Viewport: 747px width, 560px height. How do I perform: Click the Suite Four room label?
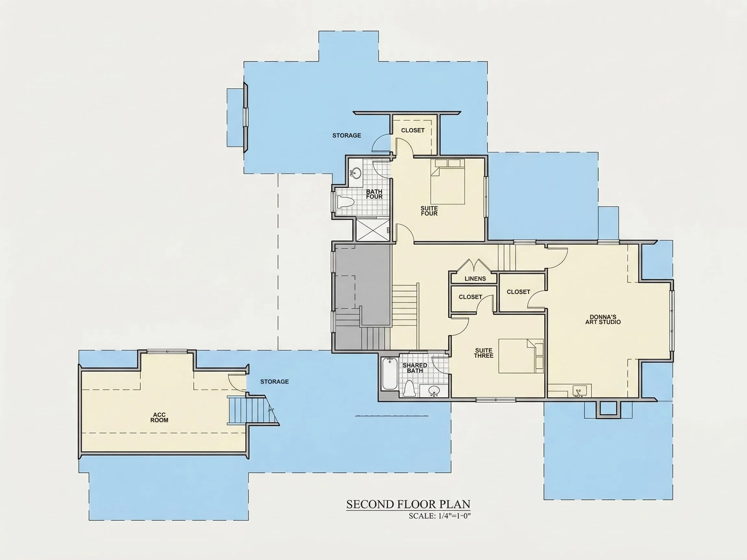coord(429,211)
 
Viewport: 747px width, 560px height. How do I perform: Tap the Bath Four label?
coord(374,194)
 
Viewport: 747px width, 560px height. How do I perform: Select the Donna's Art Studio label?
coord(603,319)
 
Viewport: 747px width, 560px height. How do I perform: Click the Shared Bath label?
coord(415,368)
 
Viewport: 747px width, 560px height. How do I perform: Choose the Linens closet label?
coord(475,278)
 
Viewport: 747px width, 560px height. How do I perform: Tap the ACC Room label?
coord(160,417)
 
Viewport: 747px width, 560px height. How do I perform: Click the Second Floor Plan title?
coord(408,504)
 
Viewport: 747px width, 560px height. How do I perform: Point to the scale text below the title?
coord(440,516)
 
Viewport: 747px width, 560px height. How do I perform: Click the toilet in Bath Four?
coord(345,202)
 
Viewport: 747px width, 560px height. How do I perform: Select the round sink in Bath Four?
coord(356,173)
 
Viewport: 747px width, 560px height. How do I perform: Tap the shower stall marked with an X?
coord(373,229)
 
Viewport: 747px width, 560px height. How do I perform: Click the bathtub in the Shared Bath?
coord(390,373)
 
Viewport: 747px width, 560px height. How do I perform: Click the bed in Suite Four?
coord(448,181)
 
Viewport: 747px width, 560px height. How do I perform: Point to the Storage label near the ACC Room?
coord(275,382)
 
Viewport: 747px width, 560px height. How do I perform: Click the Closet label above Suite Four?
coord(413,130)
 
